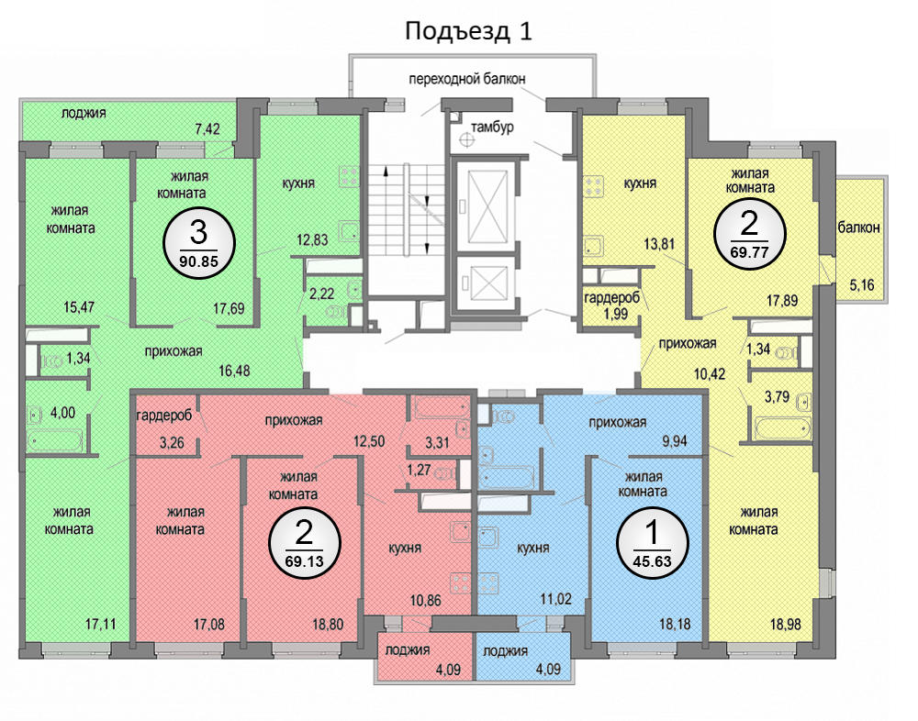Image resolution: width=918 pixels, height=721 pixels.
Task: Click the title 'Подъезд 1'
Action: [x=468, y=31]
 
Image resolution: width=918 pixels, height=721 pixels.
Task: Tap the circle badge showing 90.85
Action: [x=198, y=243]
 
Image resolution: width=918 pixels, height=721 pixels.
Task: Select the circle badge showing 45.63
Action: [x=652, y=544]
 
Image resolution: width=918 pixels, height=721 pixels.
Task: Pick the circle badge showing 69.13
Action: [x=305, y=542]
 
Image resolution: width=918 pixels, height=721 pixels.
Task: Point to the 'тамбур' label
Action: [x=492, y=127]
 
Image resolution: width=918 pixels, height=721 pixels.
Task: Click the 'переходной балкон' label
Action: [x=466, y=78]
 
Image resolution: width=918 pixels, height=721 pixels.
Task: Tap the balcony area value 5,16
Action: [x=861, y=285]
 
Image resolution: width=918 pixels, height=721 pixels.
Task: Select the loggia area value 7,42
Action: [x=207, y=128]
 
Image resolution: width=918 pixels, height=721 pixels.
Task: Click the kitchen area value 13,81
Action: [x=659, y=243]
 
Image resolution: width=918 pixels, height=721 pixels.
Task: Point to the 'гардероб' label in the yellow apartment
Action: [x=611, y=298]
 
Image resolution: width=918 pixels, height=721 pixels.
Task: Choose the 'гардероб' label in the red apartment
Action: [x=164, y=416]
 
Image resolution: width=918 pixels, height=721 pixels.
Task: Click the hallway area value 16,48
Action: [x=234, y=371]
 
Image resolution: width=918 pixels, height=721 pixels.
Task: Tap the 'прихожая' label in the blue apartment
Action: [x=618, y=423]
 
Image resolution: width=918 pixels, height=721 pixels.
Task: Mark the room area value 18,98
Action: [x=785, y=624]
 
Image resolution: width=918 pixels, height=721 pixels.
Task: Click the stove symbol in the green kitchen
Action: [x=349, y=176]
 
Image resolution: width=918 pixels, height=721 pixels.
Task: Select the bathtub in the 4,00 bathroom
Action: [x=56, y=439]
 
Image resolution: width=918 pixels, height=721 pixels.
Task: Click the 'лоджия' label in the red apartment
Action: [x=408, y=649]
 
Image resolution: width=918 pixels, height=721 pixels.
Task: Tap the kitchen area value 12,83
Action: [x=312, y=239]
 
